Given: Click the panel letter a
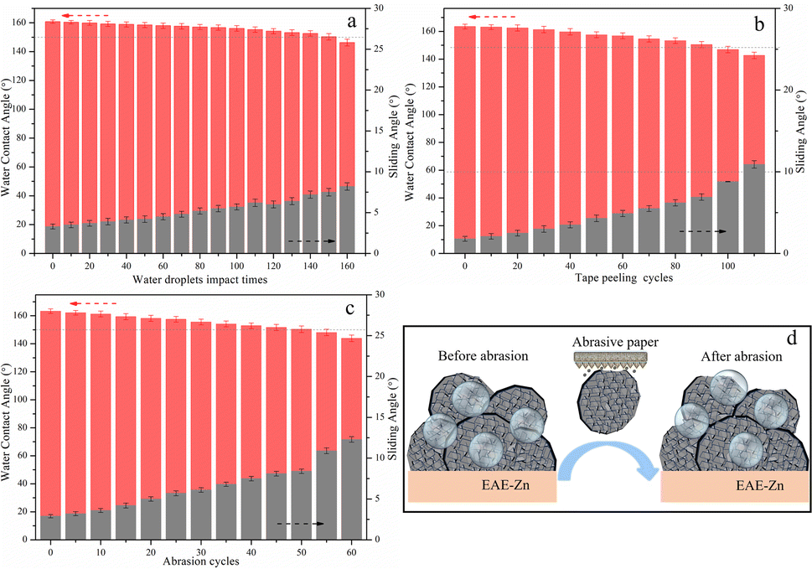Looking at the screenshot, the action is (x=352, y=22).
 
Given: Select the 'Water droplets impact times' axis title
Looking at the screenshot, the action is (x=200, y=280).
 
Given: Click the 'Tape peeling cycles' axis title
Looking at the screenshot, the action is (x=624, y=278).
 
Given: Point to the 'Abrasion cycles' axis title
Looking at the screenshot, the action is (x=201, y=561).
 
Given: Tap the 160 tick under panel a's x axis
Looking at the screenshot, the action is (x=347, y=266).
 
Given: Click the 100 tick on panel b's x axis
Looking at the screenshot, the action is (x=727, y=266).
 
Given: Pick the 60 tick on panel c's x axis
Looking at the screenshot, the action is (x=352, y=552).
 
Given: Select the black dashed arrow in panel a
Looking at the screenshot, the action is (x=312, y=241).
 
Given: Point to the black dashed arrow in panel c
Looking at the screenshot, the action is (x=300, y=524).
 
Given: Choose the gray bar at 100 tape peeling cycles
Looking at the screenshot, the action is (x=727, y=217).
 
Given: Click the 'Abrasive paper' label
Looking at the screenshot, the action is (x=615, y=342).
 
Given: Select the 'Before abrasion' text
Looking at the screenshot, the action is (x=484, y=356).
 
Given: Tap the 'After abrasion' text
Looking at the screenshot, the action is (x=742, y=357).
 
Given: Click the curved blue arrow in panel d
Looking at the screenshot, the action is (x=607, y=455).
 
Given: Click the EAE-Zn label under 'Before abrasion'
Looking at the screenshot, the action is (x=505, y=486).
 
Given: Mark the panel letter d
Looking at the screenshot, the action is (x=791, y=339).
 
